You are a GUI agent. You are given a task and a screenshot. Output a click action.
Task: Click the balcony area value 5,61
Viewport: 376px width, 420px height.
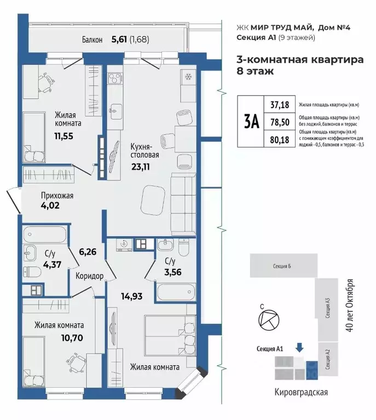122,39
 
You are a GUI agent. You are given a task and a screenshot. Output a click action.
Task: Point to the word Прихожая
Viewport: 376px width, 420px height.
57,196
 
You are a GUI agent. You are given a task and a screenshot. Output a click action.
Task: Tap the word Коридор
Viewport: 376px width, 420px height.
90,276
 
